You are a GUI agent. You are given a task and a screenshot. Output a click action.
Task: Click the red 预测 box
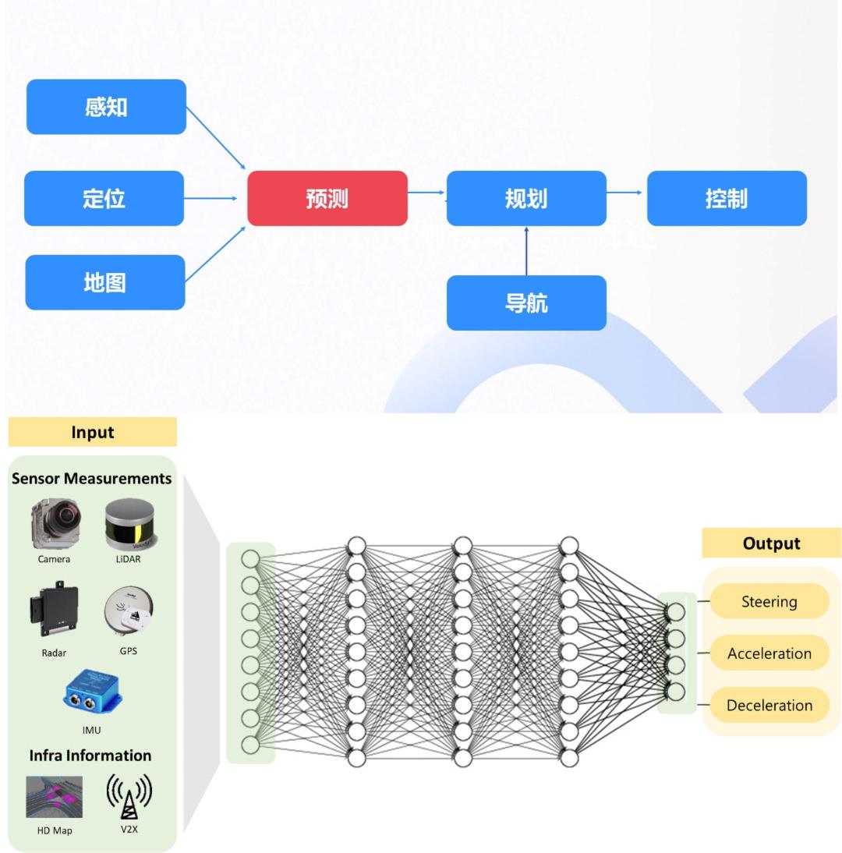pos(327,198)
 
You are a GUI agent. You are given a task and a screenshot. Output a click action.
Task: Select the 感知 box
pos(106,107)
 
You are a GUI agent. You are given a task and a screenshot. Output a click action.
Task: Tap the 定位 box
pos(104,198)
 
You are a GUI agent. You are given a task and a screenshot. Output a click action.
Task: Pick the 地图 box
pos(105,282)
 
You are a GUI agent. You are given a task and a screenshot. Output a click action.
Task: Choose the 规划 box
pos(526,198)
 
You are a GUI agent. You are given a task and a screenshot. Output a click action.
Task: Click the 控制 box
pos(727,198)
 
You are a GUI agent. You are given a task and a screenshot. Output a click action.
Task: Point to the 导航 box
pos(526,303)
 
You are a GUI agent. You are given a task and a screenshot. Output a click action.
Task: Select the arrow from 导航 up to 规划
pos(526,250)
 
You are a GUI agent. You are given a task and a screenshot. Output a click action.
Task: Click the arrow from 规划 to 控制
pos(626,192)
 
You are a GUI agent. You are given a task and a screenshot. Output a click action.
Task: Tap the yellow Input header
pos(93,432)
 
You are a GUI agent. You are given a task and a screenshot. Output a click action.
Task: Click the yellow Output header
pos(771,543)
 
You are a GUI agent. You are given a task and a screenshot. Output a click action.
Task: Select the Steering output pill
pos(769,601)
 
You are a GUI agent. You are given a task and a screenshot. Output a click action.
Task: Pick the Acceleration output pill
pos(769,653)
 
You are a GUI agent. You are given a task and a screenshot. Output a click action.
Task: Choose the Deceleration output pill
pos(769,705)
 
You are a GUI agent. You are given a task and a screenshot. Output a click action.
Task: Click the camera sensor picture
pos(55,524)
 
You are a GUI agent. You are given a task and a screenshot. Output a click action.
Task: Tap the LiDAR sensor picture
pos(129,525)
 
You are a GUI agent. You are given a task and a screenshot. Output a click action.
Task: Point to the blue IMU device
pos(92,692)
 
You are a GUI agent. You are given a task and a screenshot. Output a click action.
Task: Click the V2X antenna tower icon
pos(129,796)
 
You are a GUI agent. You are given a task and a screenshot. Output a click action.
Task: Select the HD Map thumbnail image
pos(54,797)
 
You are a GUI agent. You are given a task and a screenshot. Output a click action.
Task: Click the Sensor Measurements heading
pos(91,478)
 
